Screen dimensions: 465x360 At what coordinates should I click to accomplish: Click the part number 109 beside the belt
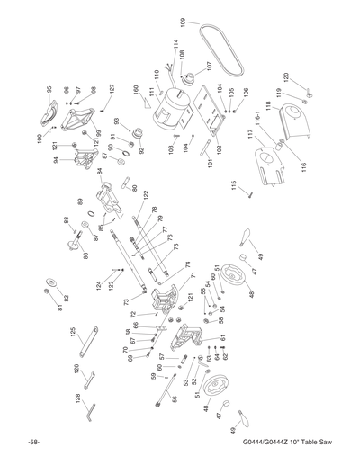pyautogui.click(x=183, y=21)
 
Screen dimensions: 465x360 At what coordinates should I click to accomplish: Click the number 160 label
pyautogui.click(x=136, y=90)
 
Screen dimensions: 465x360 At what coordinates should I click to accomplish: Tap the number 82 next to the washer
pyautogui.click(x=66, y=298)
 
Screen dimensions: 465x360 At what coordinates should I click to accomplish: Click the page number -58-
pyautogui.click(x=32, y=444)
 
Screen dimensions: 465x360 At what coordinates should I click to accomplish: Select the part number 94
pyautogui.click(x=55, y=160)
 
